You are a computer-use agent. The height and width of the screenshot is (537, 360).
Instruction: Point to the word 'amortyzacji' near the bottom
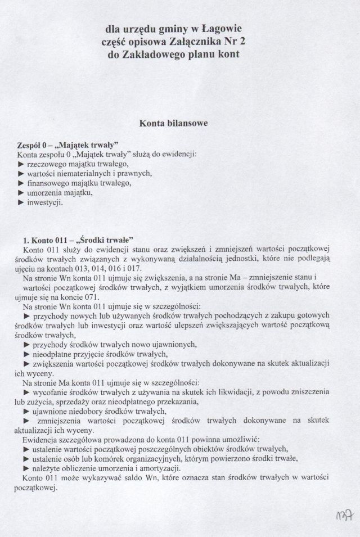[x=159, y=468]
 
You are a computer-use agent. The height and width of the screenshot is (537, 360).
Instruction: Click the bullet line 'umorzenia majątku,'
[x=58, y=193]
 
